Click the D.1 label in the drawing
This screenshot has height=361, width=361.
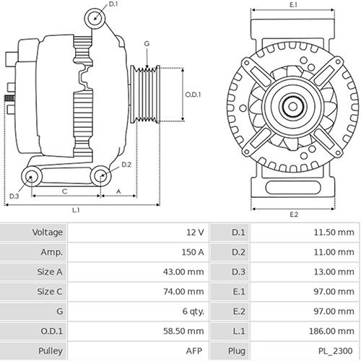113,6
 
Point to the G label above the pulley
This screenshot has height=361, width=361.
147,44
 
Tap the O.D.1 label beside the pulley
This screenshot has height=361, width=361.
193,94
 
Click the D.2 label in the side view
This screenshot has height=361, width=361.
126,165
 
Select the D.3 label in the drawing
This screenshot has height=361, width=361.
14,196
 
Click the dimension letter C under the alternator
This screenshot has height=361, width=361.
65,191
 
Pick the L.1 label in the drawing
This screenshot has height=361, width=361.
76,210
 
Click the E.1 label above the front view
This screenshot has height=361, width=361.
293,6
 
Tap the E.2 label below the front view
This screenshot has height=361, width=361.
294,214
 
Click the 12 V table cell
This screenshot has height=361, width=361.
196,232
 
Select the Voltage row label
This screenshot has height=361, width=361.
48,232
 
